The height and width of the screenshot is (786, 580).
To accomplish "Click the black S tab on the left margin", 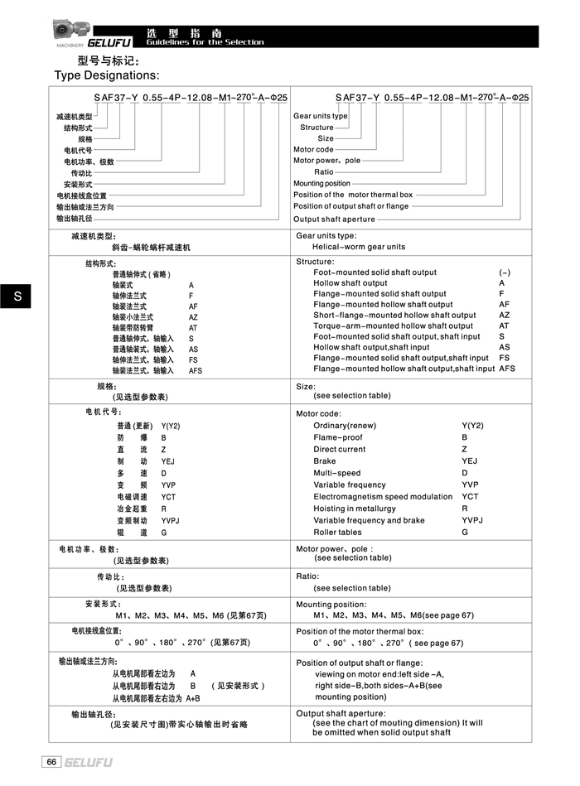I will click(x=16, y=297).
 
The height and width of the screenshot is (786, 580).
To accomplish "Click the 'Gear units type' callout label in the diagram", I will click(x=321, y=116).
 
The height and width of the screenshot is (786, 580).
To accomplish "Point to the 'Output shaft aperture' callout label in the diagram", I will click(x=334, y=219).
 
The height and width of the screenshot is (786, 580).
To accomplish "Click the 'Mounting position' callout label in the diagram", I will click(x=321, y=183).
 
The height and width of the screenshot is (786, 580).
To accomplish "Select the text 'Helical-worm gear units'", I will click(x=359, y=247).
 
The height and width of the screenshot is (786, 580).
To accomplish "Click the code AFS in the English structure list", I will click(x=507, y=369).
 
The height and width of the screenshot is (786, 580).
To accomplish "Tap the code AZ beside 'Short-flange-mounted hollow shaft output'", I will click(x=505, y=315).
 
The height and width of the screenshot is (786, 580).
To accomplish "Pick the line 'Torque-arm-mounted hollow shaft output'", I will click(x=393, y=325).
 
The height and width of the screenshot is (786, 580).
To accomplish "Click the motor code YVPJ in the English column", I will click(x=471, y=520).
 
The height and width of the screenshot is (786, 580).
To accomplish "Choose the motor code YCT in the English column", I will click(x=470, y=497).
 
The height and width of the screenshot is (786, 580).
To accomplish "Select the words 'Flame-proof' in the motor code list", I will click(x=338, y=437).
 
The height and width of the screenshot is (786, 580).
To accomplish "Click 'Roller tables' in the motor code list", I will click(x=337, y=533).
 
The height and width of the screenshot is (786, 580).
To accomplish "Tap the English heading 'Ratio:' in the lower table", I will click(x=307, y=576).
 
